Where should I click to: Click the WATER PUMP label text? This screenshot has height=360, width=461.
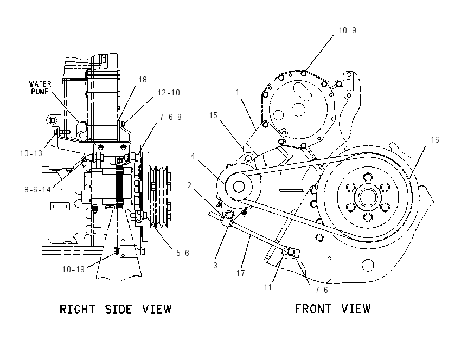tap(40, 88)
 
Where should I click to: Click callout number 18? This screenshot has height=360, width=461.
tap(143, 80)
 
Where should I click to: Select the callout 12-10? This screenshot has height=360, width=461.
tap(169, 93)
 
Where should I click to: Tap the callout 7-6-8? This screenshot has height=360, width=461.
tap(170, 117)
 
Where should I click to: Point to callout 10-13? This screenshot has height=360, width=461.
tap(31, 153)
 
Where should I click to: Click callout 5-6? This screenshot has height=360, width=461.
tap(183, 253)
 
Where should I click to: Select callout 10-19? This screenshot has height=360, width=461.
tap(73, 269)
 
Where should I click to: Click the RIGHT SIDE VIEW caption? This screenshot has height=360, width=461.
tap(115, 309)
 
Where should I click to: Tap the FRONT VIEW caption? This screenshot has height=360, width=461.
tap(333, 309)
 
